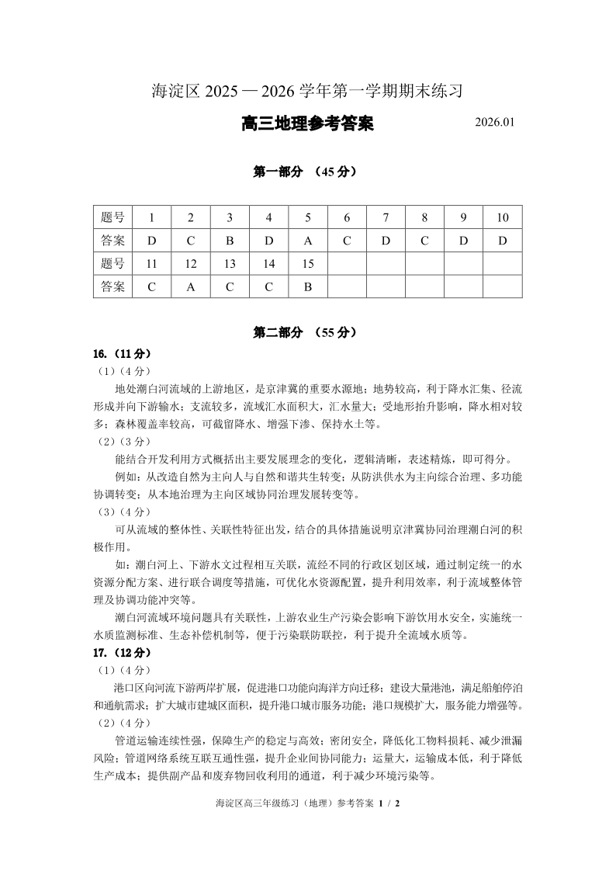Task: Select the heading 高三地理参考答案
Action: click(307, 123)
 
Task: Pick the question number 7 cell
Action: click(386, 217)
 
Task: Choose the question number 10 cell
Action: click(502, 217)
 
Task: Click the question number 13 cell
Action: click(230, 264)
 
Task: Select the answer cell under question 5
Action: click(308, 241)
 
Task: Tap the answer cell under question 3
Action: click(230, 241)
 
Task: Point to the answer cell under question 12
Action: click(191, 286)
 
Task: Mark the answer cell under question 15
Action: click(308, 286)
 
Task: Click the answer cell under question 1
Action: click(152, 241)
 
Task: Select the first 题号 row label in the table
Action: click(113, 217)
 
